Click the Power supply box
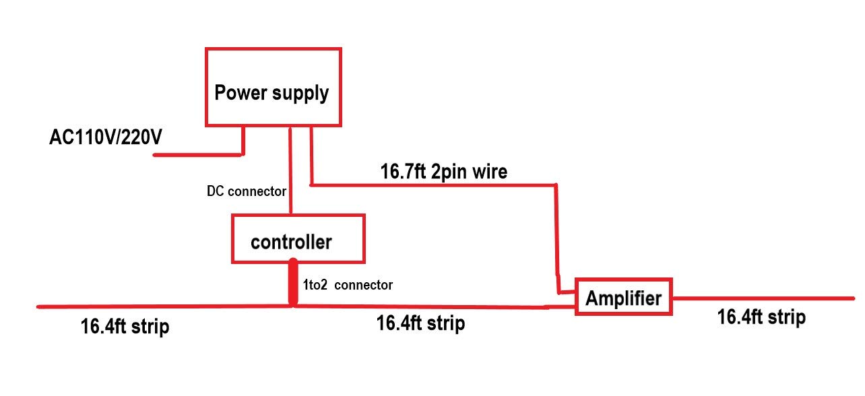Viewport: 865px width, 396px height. point(273,87)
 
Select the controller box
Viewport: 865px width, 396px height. point(298,238)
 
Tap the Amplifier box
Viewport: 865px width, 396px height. point(624,296)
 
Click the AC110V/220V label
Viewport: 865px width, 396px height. point(106,137)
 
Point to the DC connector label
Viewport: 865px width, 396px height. point(247,191)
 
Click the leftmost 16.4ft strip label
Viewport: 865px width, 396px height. point(125,328)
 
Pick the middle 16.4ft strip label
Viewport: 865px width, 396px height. point(420,324)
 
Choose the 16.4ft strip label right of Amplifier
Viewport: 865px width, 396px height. point(761,318)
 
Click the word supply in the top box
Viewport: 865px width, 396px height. point(300,94)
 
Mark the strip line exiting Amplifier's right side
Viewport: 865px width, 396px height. point(761,298)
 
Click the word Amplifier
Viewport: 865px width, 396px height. point(623,298)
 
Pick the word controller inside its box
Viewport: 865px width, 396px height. point(291,242)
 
